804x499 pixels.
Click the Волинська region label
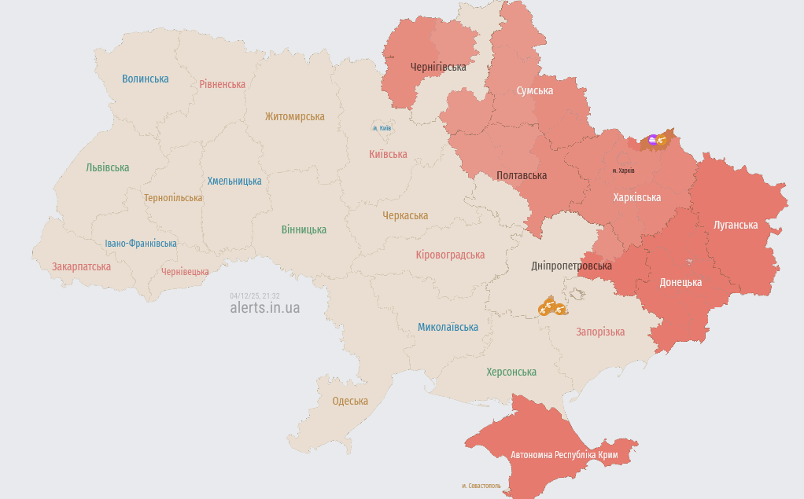coord(146,79)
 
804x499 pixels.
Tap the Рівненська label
coord(222,84)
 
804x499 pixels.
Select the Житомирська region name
coord(294,116)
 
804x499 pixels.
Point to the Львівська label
coord(108,167)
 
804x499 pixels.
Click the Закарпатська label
coord(82,266)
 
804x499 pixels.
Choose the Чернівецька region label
coord(185,272)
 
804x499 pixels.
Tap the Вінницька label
coord(304,229)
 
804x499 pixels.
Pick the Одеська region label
coord(350,401)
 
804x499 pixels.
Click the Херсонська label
coord(511,372)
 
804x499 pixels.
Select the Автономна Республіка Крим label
coord(564,455)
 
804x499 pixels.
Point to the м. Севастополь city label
coord(481,486)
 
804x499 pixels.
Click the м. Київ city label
coord(382,128)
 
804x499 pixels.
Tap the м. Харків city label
coord(623,171)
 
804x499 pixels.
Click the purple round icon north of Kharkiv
coord(652,140)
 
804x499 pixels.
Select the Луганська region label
coord(736,225)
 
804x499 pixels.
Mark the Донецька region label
coord(680,282)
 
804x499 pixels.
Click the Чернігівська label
coord(438,67)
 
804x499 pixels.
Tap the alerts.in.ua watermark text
coord(264,308)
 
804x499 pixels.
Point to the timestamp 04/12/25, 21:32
coord(254,296)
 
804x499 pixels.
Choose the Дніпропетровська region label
coord(571,266)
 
